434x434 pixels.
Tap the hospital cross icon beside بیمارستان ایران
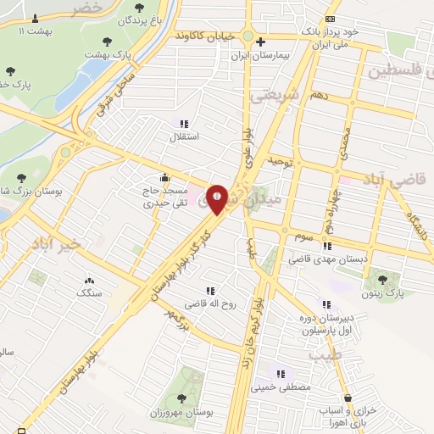point(261,41)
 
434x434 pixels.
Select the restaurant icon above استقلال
point(184,124)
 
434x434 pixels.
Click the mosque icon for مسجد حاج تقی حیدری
point(164,178)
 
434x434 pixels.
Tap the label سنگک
point(88,292)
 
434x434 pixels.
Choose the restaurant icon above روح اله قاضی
point(210,291)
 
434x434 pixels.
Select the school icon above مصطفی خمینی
point(280,374)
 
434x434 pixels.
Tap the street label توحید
point(279,159)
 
